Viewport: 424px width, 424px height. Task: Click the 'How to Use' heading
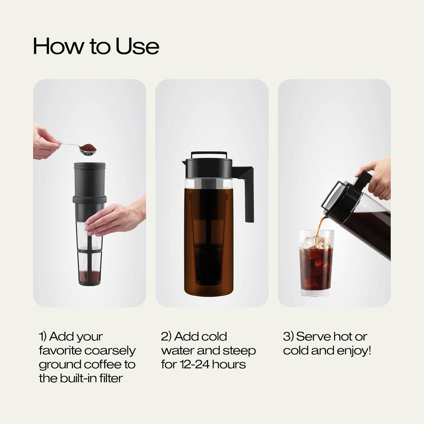pyautogui.click(x=96, y=46)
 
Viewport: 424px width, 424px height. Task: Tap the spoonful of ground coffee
pyautogui.click(x=88, y=148)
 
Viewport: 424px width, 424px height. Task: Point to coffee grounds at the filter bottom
pyautogui.click(x=89, y=275)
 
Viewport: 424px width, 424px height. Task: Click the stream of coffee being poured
pyautogui.click(x=319, y=226)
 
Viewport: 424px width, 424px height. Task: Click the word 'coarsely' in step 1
pyautogui.click(x=110, y=351)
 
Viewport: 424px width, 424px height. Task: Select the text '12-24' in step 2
pyautogui.click(x=195, y=365)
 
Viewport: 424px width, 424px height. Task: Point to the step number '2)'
pyautogui.click(x=166, y=336)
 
